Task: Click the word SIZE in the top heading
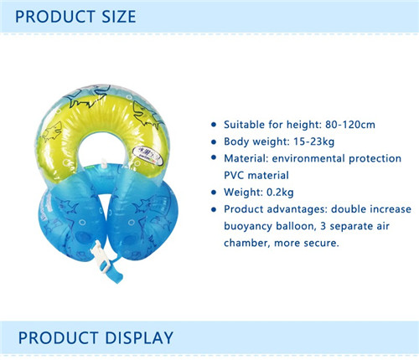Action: [x=119, y=17]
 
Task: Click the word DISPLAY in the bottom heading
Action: [x=139, y=338]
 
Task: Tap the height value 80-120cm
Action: [x=350, y=125]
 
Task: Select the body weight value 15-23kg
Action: [x=313, y=141]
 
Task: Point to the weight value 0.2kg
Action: [x=280, y=192]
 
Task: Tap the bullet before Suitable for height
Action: [x=214, y=125]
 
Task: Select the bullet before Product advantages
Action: [x=214, y=209]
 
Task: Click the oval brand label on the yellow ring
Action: [x=147, y=155]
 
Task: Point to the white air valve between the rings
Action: [x=104, y=163]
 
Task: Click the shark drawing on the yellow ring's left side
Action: [x=52, y=131]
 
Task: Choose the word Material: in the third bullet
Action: [x=246, y=158]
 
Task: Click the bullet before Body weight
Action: [x=214, y=141]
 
